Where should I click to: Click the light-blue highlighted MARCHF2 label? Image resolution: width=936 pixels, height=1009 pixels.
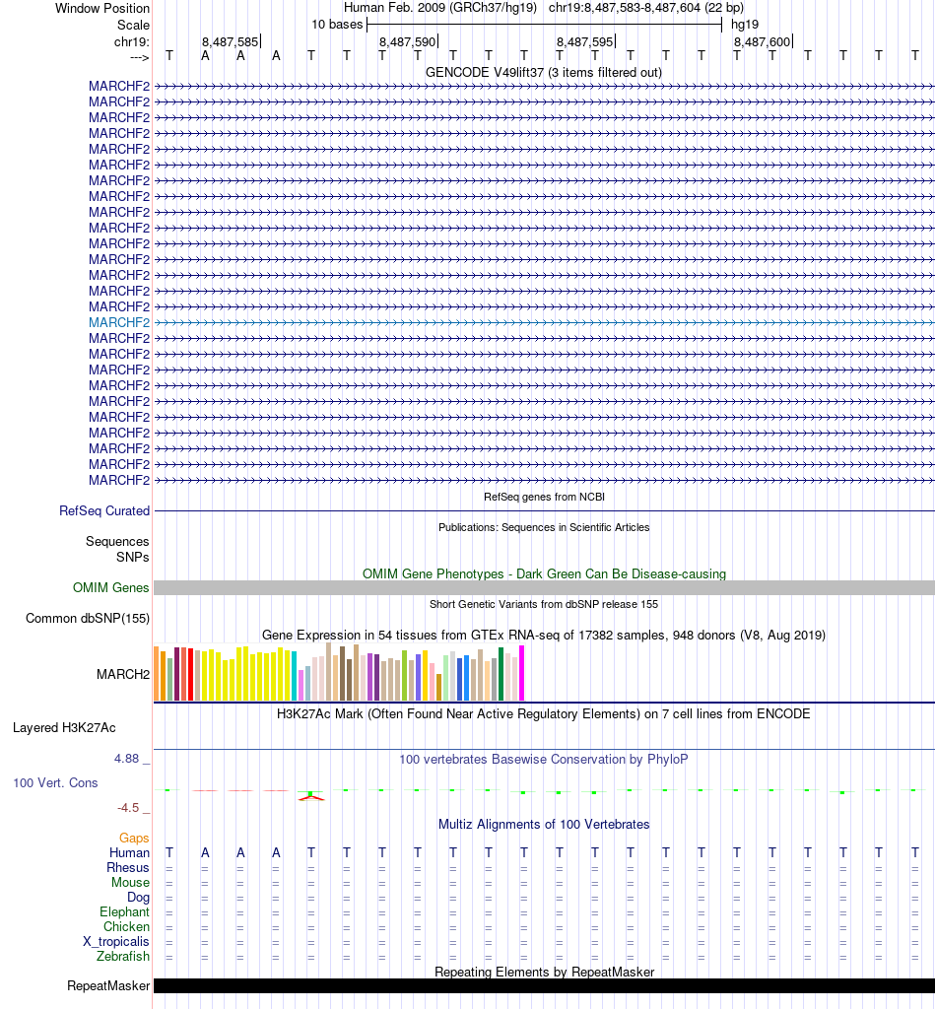pos(119,322)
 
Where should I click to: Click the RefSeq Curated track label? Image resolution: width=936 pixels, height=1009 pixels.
pos(104,511)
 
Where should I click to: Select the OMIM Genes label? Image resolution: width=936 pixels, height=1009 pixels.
pos(111,588)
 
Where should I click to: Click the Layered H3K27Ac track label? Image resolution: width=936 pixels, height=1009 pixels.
pos(64,728)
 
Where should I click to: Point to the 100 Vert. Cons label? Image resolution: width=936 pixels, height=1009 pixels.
pos(55,782)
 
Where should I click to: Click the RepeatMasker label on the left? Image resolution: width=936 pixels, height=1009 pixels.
pos(108,985)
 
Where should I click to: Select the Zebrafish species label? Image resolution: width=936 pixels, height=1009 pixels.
pos(123,956)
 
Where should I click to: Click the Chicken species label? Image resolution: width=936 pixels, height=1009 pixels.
pos(126,926)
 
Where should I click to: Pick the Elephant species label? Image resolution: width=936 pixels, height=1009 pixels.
pos(124,911)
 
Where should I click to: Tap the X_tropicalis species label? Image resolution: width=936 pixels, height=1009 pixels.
pos(116,941)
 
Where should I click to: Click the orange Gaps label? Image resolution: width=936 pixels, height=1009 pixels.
pos(134,838)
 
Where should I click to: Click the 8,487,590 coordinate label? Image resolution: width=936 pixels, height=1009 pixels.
pos(407,42)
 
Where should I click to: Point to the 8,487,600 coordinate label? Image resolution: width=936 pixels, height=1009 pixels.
pos(762,42)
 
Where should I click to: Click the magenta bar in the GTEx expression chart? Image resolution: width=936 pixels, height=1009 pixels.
pos(522,673)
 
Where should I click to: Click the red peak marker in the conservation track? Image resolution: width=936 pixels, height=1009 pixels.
pos(311,797)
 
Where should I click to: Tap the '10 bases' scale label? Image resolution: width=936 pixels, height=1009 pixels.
pos(337,24)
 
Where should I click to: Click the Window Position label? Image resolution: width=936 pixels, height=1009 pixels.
pos(102,8)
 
